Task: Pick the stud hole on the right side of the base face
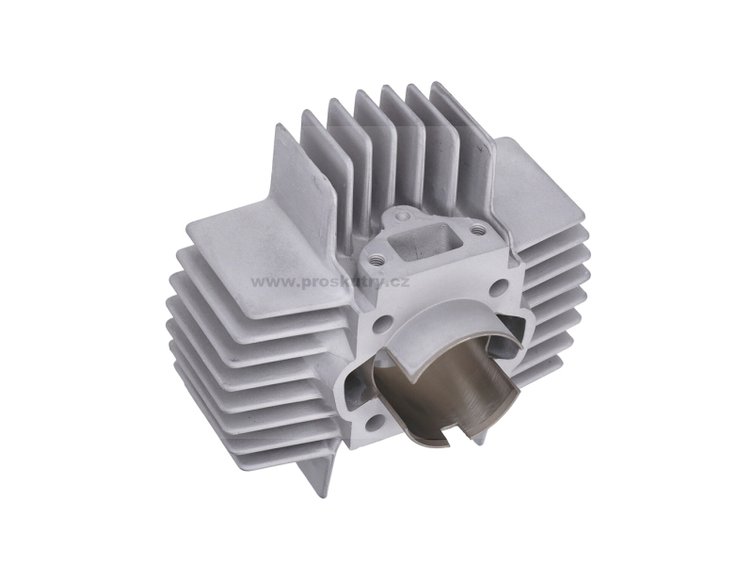(499, 288)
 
